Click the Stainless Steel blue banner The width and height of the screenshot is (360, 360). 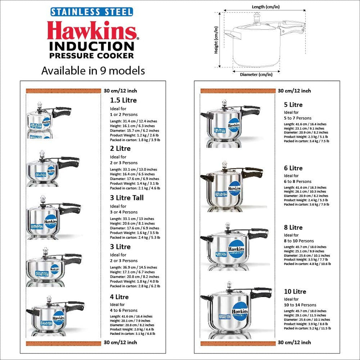tap(92, 12)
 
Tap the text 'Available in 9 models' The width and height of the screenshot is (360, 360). tap(93, 71)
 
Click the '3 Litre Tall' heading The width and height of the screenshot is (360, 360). tap(127, 198)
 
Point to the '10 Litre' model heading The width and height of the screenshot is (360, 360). tap(295, 292)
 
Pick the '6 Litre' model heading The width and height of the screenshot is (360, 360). tap(293, 168)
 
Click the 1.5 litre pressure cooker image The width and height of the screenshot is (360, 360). tap(47, 118)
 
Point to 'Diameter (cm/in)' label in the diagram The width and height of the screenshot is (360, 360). tap(256, 74)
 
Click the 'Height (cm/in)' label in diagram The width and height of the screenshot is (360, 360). tap(216, 40)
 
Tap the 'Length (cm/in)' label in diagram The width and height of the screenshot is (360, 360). tap(265, 7)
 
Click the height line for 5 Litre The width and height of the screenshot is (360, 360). tap(303, 128)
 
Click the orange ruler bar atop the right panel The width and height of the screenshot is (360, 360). tap(238, 91)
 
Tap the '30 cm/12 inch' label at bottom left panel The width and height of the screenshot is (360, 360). tap(120, 342)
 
